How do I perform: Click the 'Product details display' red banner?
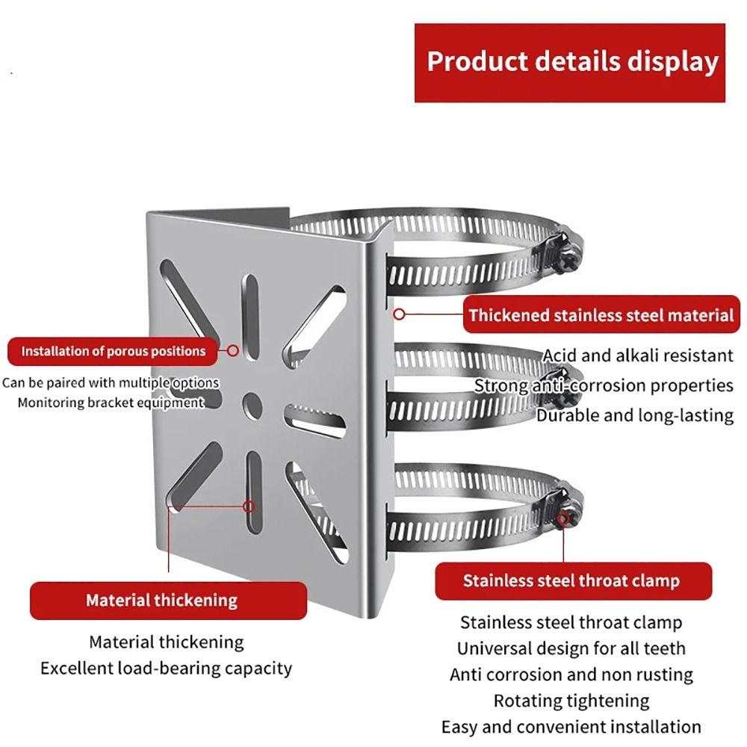tap(570, 63)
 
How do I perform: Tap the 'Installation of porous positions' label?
tap(113, 351)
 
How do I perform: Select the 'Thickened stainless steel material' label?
tap(601, 315)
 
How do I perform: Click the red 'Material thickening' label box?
tap(161, 600)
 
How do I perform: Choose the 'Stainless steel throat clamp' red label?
tap(571, 580)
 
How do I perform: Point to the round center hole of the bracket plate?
tap(251, 403)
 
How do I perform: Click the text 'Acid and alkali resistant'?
tap(638, 356)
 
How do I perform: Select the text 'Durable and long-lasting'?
tap(635, 415)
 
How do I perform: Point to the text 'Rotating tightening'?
tap(571, 701)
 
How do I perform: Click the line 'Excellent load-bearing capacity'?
tap(166, 667)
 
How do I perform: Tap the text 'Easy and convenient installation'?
tap(571, 727)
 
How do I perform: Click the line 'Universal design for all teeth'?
tap(571, 648)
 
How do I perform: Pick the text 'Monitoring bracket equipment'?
tap(111, 403)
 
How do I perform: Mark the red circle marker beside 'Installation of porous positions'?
tap(233, 350)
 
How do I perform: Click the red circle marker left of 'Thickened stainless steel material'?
tap(400, 315)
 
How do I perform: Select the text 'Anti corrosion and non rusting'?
tap(571, 675)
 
